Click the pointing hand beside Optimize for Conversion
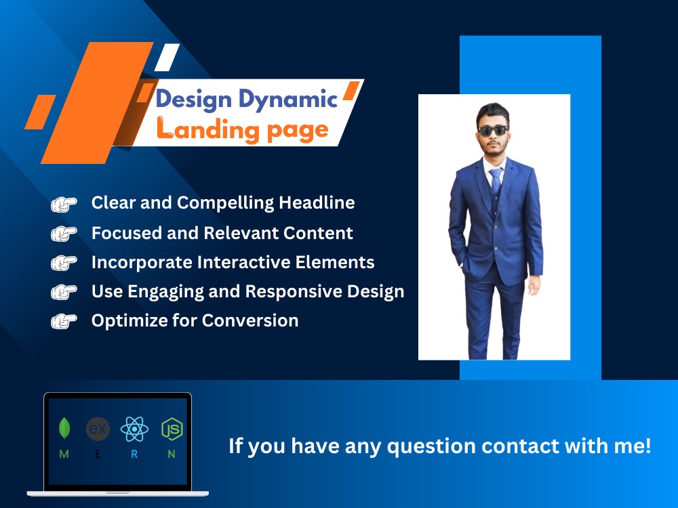64,321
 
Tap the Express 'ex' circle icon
98,429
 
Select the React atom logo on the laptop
134,429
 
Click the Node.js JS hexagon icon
172,429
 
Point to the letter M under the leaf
64,454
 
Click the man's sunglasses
493,130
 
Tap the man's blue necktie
495,181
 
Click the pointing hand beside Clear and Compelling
64,203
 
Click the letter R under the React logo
134,454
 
